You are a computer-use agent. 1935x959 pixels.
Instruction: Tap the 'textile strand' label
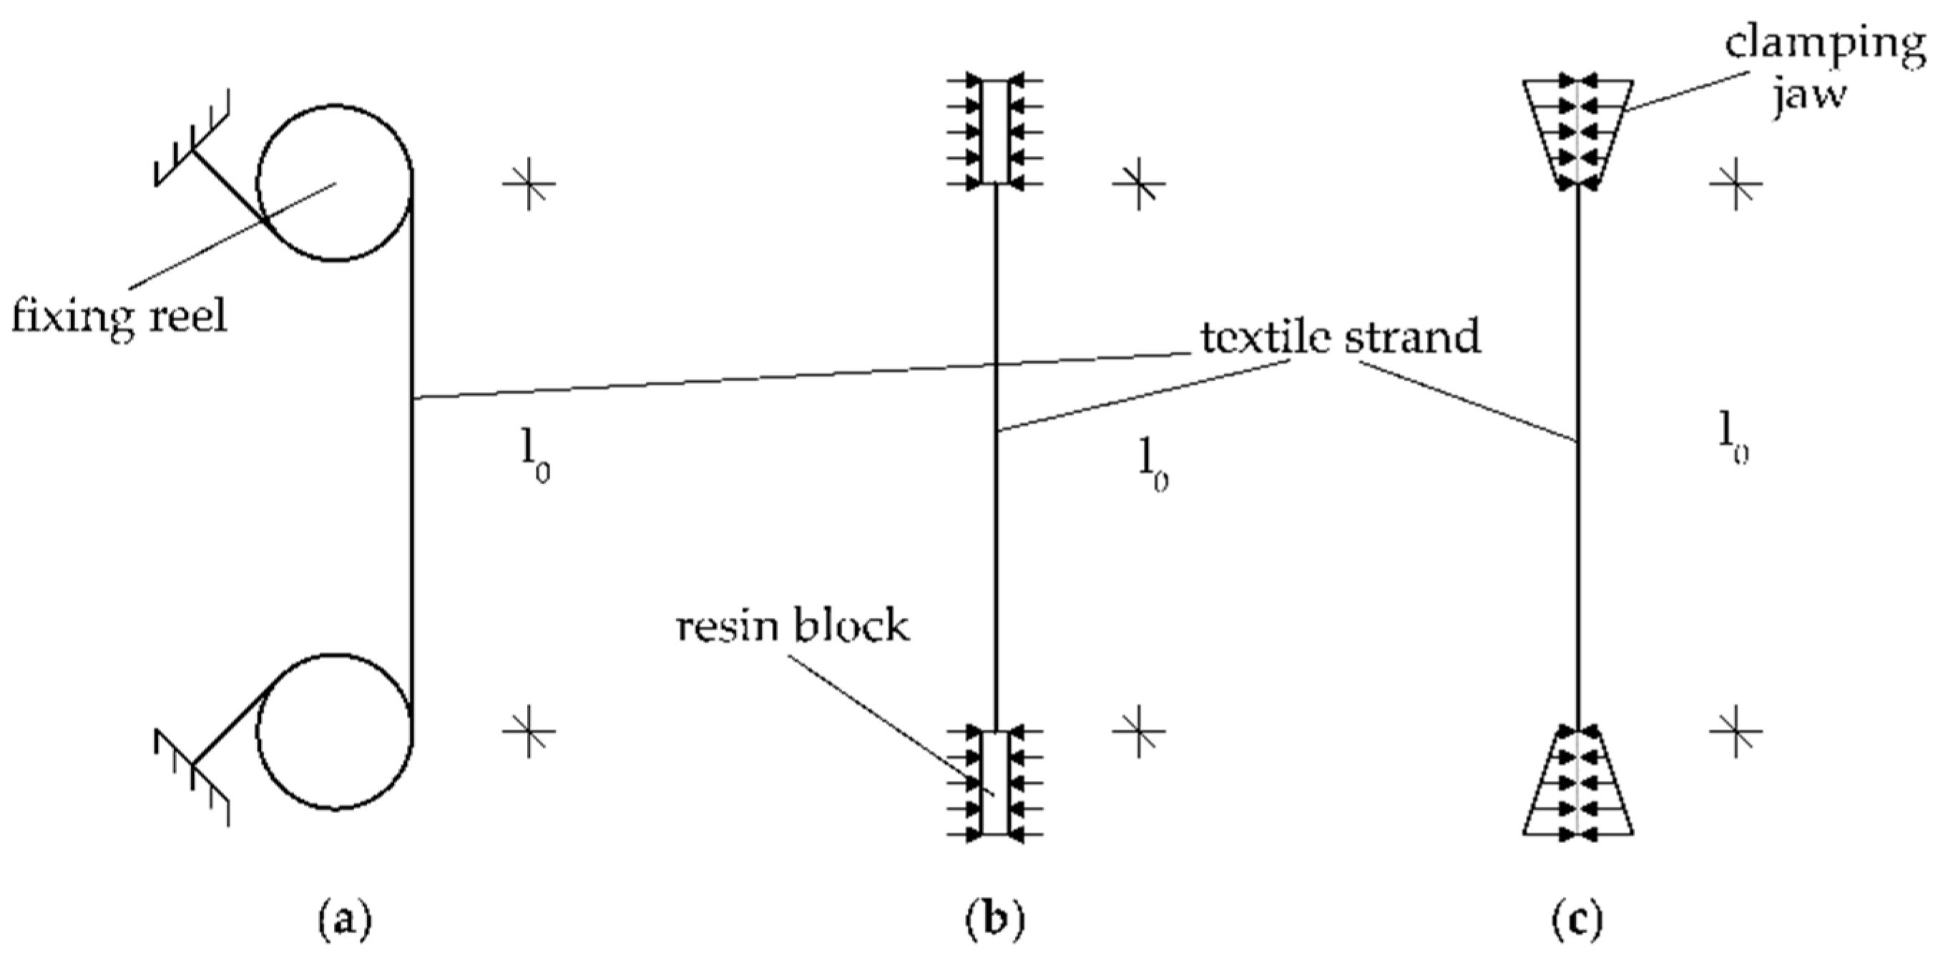tap(1341, 338)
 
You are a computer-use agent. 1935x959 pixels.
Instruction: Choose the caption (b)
tap(994, 919)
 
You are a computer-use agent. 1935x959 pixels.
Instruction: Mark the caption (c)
tap(1577, 919)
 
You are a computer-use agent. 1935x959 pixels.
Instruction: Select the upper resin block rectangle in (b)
tap(994, 132)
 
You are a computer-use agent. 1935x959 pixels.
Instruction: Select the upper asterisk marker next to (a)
tap(529, 183)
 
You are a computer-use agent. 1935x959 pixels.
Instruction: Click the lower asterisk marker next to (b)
tap(1139, 731)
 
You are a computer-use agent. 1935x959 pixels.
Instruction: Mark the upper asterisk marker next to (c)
tap(1736, 183)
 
